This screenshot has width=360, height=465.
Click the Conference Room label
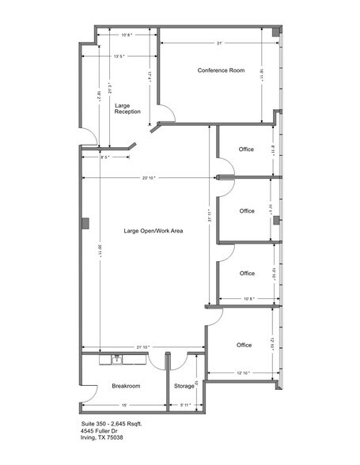tap(221, 70)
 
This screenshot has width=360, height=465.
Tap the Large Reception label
tap(127, 108)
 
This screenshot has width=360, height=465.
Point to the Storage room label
tap(184, 386)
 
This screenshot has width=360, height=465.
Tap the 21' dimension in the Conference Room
tap(219, 42)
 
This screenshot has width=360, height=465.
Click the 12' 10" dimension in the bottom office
tap(242, 372)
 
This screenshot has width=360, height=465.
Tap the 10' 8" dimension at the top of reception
tap(127, 36)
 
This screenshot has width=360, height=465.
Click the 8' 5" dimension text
tap(106, 157)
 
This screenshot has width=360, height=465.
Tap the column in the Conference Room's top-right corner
tap(275, 34)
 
